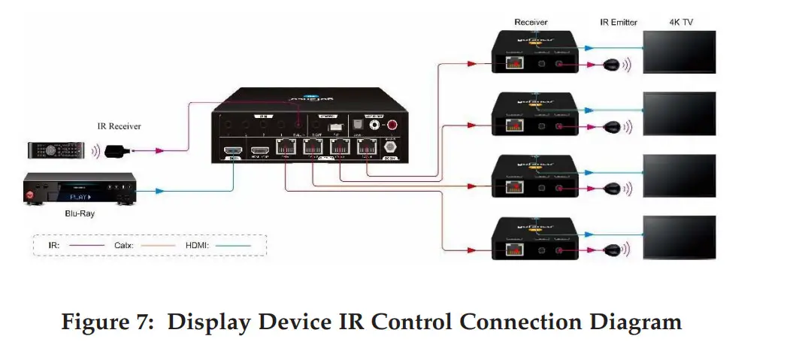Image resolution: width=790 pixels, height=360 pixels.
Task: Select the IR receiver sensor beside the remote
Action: [118, 151]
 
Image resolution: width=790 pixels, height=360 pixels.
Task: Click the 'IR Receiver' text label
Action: [119, 126]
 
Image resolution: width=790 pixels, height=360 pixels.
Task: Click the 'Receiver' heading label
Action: [531, 23]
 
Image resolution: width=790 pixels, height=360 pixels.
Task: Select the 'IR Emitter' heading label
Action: [618, 23]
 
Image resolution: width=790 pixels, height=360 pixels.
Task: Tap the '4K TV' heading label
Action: [681, 23]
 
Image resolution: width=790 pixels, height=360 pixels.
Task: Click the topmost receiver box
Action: [535, 53]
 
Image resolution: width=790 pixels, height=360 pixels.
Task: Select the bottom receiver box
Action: [535, 238]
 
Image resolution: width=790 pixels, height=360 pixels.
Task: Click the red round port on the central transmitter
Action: [391, 123]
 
